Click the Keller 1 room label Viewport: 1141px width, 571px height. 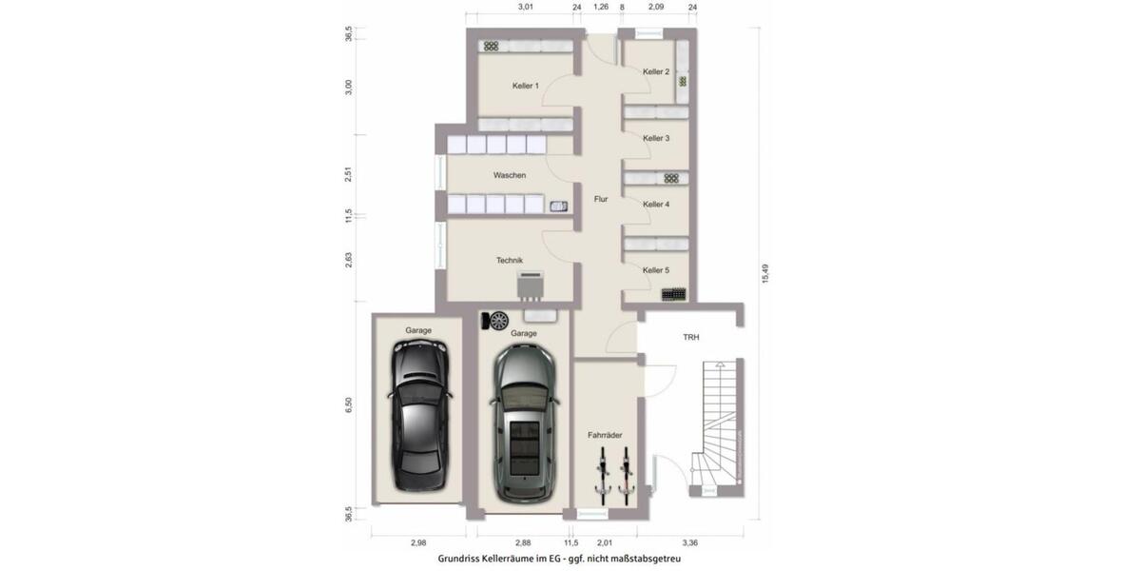(x=525, y=86)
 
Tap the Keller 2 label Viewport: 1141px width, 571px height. (x=656, y=72)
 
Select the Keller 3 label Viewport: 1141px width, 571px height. (x=656, y=138)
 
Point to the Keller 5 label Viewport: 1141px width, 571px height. (x=656, y=270)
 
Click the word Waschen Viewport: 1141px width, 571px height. (x=510, y=175)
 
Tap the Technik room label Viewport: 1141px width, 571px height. (x=510, y=260)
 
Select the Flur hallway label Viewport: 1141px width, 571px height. (x=601, y=199)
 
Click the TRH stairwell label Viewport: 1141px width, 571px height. (x=690, y=337)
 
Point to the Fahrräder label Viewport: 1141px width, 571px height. (x=605, y=435)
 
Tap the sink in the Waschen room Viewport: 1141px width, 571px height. (x=558, y=205)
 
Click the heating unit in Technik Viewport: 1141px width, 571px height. (x=531, y=284)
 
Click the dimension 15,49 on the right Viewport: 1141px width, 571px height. (x=765, y=274)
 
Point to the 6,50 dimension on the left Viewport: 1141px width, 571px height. (x=349, y=404)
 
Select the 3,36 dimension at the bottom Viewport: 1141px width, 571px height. (x=690, y=542)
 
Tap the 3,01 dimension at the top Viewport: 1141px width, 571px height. (x=525, y=7)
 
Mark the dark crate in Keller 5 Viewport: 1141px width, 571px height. (x=674, y=295)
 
